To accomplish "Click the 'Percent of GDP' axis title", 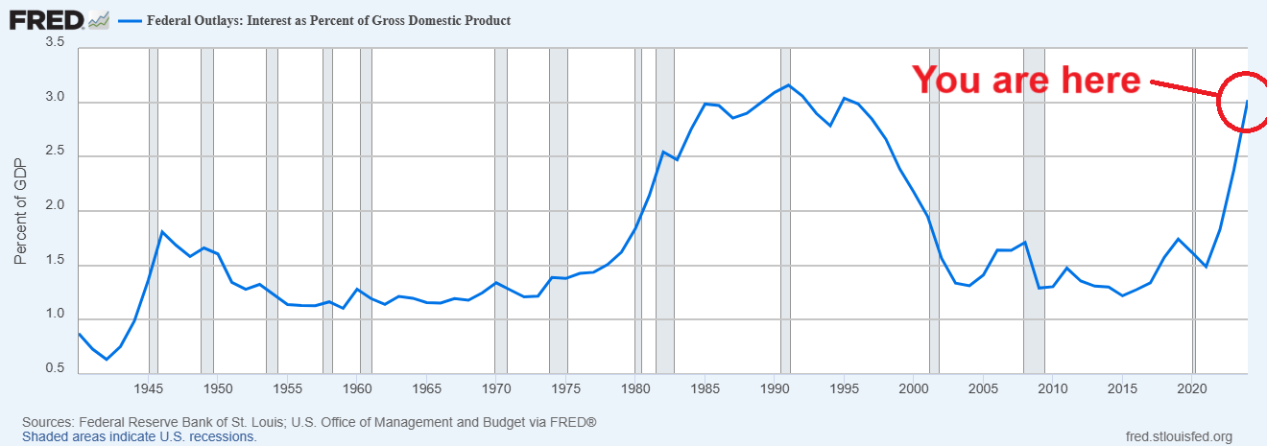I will (x=20, y=210).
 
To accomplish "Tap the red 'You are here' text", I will (x=1025, y=80).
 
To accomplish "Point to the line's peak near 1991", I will (x=788, y=85).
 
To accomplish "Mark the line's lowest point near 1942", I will (x=107, y=359).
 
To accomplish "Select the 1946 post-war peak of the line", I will (x=162, y=232).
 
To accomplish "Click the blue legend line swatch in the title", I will (x=129, y=20).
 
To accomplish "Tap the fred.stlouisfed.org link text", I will (x=1178, y=435).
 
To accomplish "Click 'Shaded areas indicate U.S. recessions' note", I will (x=139, y=436).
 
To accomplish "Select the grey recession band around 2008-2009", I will (x=1034, y=210).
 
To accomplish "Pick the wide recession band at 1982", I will (x=664, y=210).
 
